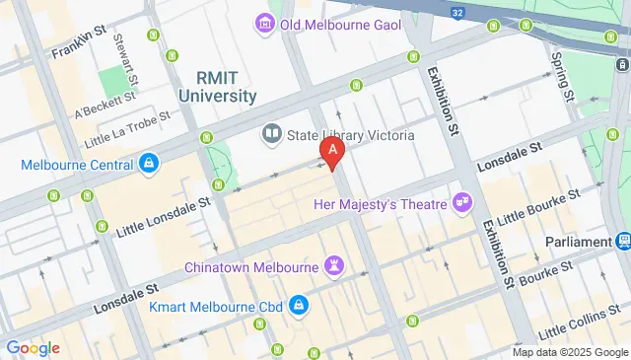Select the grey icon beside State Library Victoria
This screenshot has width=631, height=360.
tap(271, 133)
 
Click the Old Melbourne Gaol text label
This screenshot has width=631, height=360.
tap(340, 25)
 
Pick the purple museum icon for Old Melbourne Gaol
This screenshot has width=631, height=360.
tap(264, 23)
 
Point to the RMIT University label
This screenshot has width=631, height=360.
tap(218, 87)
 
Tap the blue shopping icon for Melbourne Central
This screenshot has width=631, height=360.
tap(147, 162)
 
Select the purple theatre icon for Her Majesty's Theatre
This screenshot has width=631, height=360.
tap(461, 202)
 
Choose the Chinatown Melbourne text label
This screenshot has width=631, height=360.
tap(250, 267)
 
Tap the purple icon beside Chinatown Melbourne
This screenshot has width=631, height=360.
tap(336, 265)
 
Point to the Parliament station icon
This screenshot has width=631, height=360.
tap(623, 242)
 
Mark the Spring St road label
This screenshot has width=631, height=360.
tap(562, 74)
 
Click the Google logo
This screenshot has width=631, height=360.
tap(32, 347)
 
